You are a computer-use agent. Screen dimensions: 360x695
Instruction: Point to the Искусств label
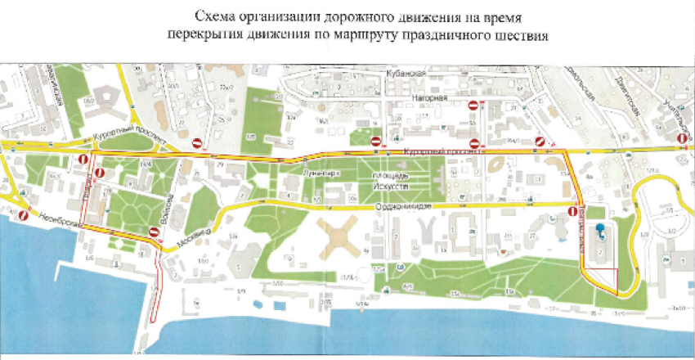click(392, 185)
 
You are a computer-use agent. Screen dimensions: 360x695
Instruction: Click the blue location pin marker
click(599, 232)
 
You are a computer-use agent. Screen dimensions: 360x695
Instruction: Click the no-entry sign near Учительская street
click(681, 139)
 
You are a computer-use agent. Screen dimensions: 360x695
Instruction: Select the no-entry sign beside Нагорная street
click(473, 105)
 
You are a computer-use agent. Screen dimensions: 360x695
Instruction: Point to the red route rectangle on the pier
click(156, 286)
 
